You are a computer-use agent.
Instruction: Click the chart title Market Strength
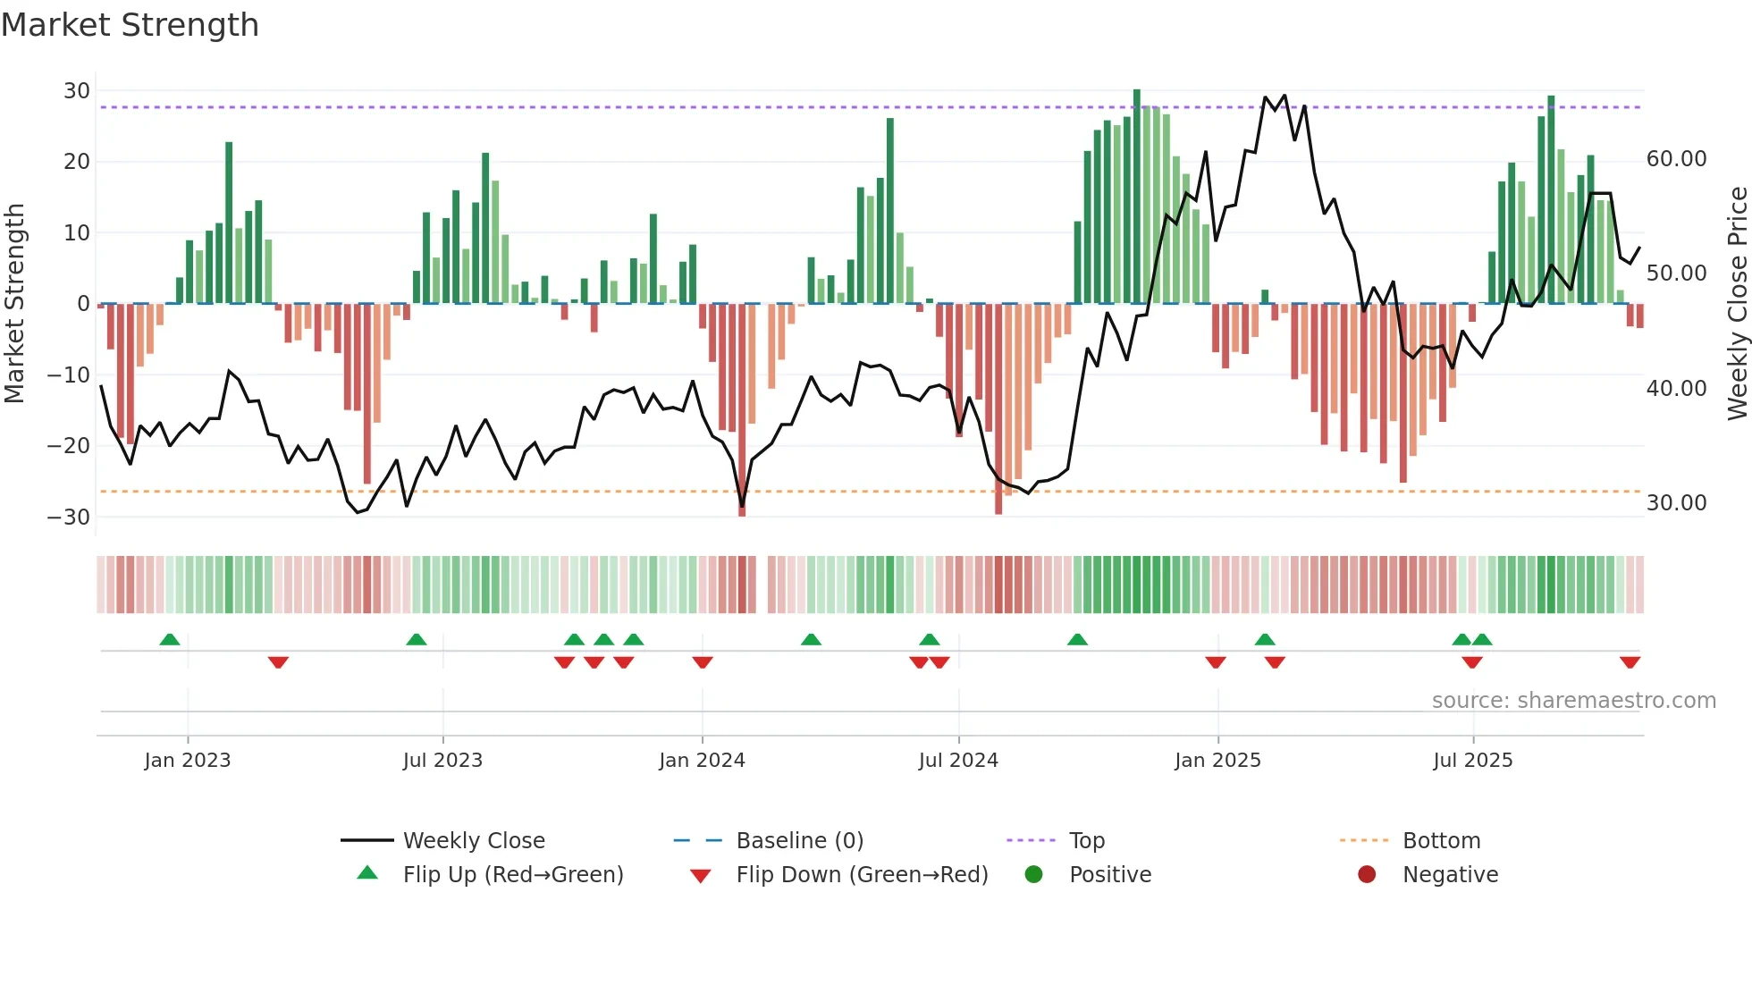tap(130, 25)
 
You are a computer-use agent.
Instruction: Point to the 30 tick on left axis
tap(77, 91)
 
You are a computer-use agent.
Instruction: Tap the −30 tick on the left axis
tap(69, 518)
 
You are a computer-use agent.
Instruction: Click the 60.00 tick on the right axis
tap(1676, 159)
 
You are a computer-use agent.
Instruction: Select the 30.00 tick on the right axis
tap(1676, 503)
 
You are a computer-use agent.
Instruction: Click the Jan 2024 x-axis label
tap(702, 761)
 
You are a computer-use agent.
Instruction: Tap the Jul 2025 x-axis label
tap(1472, 761)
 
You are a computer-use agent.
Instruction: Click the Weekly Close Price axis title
tap(1737, 304)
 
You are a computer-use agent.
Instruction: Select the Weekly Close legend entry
tap(473, 841)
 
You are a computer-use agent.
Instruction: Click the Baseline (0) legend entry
tap(799, 841)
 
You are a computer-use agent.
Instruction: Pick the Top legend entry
tap(1086, 841)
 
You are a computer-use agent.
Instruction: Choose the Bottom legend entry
tap(1441, 841)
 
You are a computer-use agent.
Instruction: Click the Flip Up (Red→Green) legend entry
tap(512, 875)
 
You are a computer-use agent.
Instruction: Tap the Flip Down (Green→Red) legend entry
tap(862, 875)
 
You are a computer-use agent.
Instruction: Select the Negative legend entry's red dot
tap(1367, 875)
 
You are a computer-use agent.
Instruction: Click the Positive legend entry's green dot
tap(1034, 875)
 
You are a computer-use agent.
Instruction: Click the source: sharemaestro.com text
tap(1573, 701)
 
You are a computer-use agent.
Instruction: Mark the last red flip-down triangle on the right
tap(1630, 662)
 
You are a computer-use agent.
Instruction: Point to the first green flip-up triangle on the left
tap(170, 639)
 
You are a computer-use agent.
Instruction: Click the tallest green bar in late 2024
tap(1137, 197)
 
